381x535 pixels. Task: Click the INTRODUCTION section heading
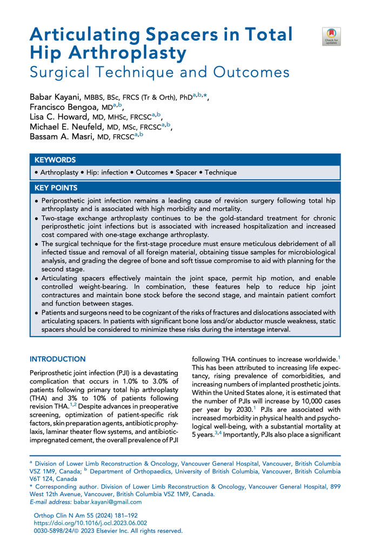[57, 359]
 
